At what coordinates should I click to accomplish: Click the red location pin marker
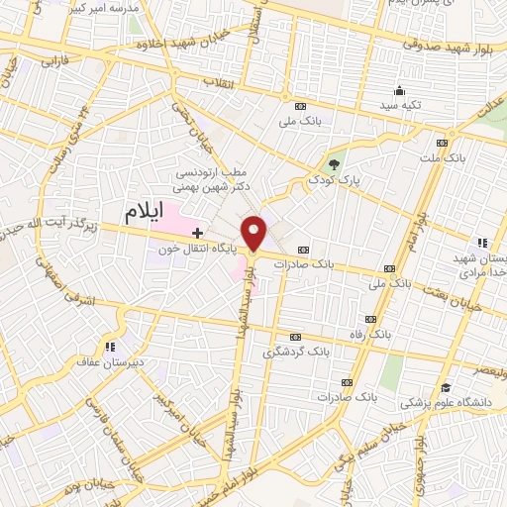[256, 232]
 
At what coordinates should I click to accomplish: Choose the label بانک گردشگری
[294, 352]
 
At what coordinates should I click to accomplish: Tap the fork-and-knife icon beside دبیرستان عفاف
[109, 347]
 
